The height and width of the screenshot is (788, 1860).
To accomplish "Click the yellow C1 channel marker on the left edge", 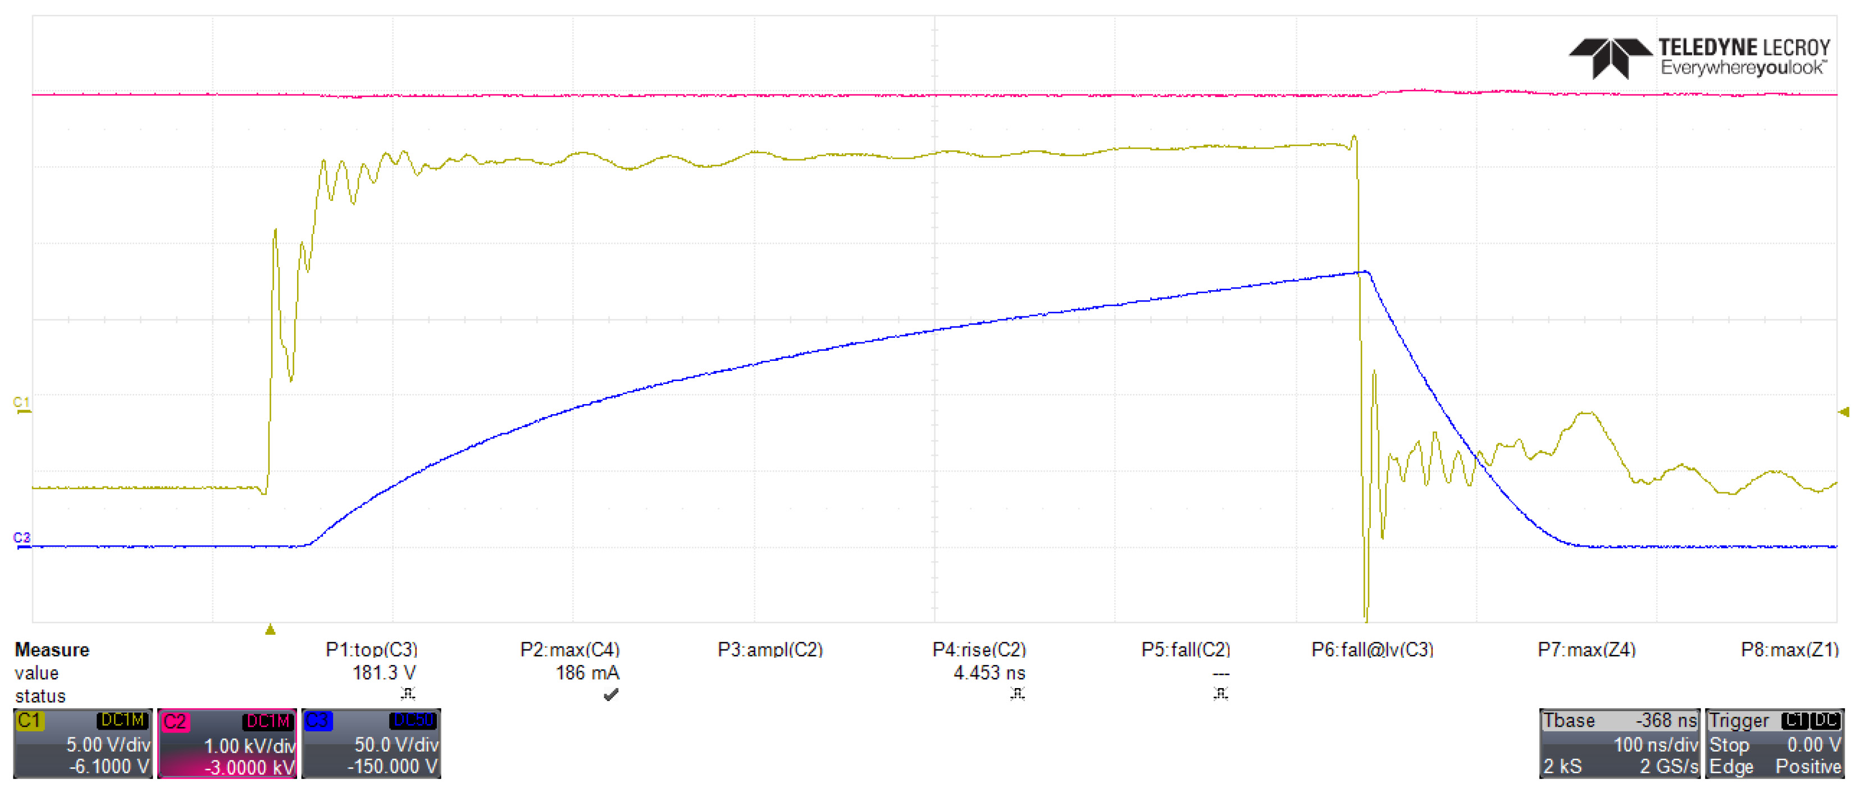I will coord(22,404).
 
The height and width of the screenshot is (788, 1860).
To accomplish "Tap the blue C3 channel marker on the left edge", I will coord(22,538).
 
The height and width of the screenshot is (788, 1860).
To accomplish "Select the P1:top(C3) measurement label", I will coord(371,649).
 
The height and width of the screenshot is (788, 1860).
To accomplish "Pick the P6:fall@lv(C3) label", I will coord(1372,649).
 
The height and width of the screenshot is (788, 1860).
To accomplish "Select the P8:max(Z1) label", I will coord(1789,649).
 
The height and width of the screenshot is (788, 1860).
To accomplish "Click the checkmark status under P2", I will coord(611,695).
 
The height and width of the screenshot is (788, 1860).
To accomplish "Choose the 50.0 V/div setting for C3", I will coord(396,744).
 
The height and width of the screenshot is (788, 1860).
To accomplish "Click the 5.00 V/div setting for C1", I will coord(108,744).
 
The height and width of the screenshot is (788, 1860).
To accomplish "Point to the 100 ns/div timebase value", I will coord(1655,744).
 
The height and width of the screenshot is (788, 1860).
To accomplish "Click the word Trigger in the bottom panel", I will coord(1738,720).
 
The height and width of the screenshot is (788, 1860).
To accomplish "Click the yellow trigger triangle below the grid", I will coord(270,630).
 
